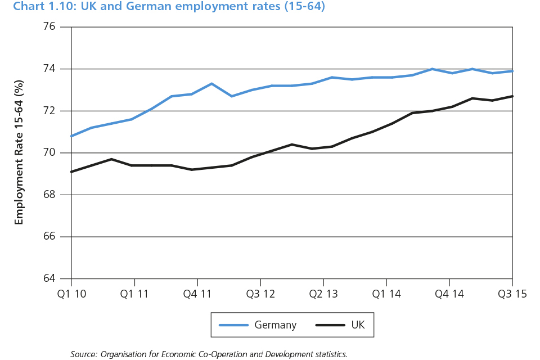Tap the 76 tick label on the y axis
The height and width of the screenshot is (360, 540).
[x=49, y=27]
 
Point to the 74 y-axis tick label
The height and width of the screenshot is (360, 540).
[x=49, y=69]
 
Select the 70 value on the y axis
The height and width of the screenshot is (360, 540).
[x=49, y=153]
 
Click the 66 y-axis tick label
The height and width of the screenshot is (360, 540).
[x=49, y=237]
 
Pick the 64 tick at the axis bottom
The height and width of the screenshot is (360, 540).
[x=49, y=278]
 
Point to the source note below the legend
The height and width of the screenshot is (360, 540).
[x=209, y=354]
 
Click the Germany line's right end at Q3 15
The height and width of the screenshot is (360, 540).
[x=512, y=71]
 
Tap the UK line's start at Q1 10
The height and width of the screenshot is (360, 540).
[x=72, y=172]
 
